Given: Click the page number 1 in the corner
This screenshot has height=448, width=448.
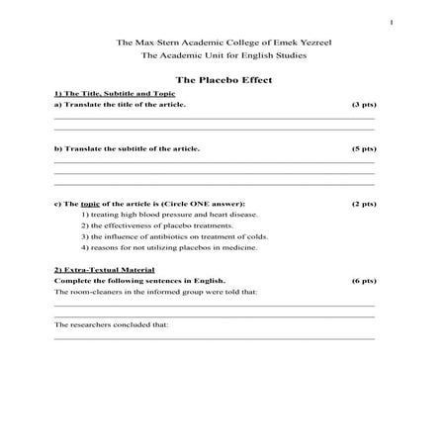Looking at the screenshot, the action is coord(392,23).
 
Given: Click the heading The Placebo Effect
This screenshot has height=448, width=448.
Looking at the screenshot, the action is coord(224,79).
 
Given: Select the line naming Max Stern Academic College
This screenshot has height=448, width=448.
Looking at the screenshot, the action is coord(224,43).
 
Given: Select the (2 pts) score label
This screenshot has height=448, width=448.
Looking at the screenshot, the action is coord(363,204).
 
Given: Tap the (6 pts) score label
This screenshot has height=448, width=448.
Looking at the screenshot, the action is coord(363,281).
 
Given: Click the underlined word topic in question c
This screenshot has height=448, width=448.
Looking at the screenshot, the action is coord(90,204).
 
